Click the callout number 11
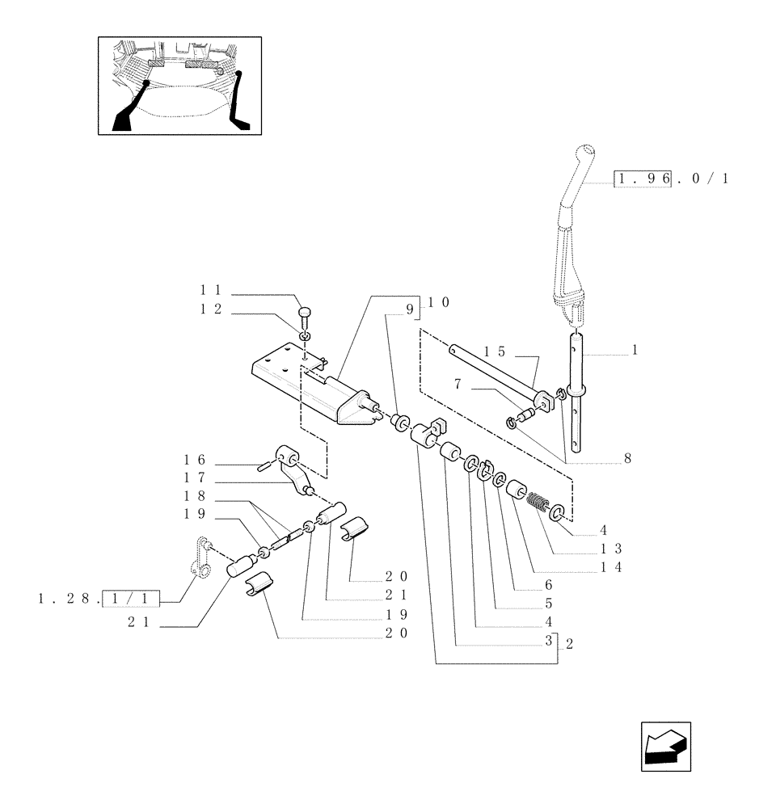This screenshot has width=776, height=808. click(211, 288)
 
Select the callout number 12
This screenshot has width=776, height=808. click(211, 309)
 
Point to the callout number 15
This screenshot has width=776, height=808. click(495, 351)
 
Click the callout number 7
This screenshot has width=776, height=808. click(458, 385)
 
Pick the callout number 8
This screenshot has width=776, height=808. click(626, 458)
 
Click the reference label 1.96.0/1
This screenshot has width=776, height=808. click(671, 179)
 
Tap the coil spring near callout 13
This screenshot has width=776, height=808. click(538, 502)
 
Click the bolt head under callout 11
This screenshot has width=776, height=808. click(305, 314)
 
